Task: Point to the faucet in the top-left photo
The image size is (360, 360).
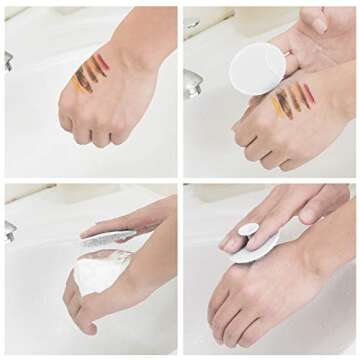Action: click(8, 61)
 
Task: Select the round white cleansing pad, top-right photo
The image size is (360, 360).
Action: click(257, 69)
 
